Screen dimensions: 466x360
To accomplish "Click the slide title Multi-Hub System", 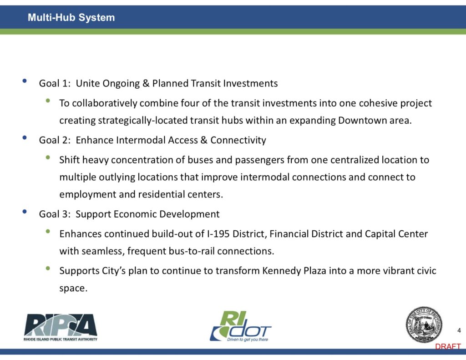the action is tap(71, 17).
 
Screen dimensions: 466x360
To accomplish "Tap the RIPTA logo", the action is tap(61, 327).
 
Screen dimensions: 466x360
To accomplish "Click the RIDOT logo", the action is tap(240, 326).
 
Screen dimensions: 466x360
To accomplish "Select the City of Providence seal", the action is tap(424, 325).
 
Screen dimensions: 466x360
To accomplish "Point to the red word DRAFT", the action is tap(448, 346).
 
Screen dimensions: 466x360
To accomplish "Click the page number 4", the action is tap(459, 330).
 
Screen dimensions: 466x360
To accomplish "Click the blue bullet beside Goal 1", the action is tap(25, 81).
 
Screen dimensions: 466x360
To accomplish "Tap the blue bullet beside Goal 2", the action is tap(25, 137).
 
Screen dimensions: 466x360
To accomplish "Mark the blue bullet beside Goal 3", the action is tap(25, 211).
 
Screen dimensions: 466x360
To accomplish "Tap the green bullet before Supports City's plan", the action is tap(48, 268).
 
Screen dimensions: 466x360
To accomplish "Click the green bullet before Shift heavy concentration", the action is tap(48, 157).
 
